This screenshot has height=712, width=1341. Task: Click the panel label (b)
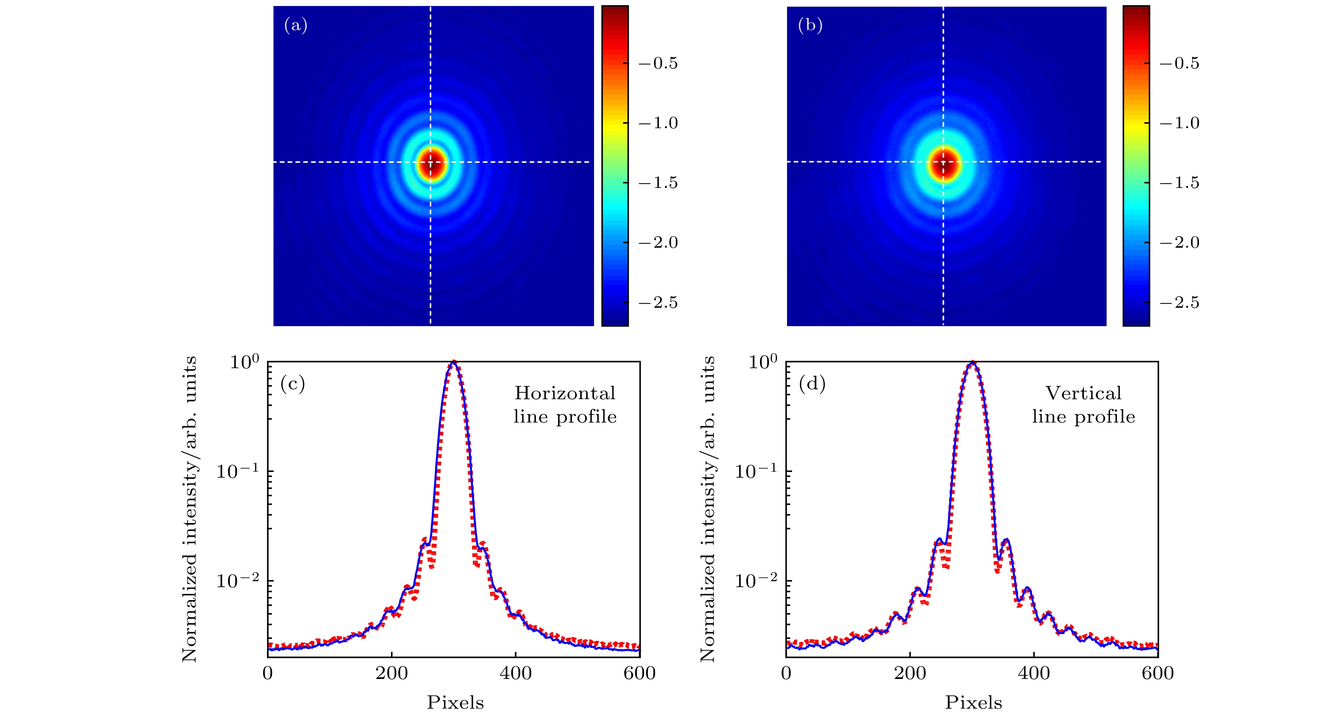[x=810, y=25]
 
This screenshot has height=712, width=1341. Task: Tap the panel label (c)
[x=293, y=384]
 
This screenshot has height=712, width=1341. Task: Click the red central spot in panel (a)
[x=430, y=163]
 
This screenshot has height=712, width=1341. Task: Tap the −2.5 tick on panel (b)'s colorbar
[x=1179, y=303]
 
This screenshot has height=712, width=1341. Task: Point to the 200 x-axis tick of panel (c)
[x=391, y=674]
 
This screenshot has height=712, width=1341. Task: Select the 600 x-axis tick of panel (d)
[x=1158, y=674]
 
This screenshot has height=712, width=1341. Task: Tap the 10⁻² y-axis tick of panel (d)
[x=756, y=581]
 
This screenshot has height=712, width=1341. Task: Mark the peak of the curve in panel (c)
[x=454, y=362]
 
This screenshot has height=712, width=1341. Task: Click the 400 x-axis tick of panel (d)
[x=1034, y=674]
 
